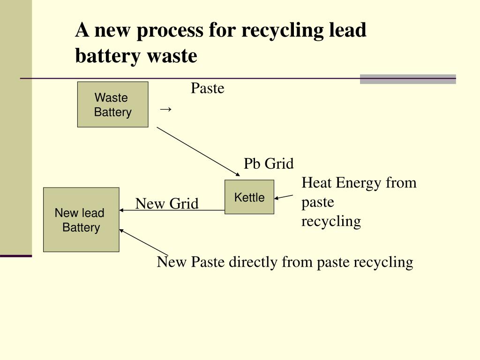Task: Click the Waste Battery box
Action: (x=112, y=105)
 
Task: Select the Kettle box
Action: (x=249, y=197)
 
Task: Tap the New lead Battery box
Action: (x=81, y=220)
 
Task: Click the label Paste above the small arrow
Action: (x=207, y=88)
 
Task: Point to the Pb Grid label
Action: (x=269, y=164)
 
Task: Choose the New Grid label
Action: (x=167, y=203)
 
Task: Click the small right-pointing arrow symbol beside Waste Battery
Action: (x=165, y=109)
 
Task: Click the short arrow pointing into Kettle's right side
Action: (x=284, y=197)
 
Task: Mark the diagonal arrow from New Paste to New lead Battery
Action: (x=143, y=241)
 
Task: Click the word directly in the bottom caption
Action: (x=253, y=262)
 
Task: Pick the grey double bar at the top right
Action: (x=408, y=79)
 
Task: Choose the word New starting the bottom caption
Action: (x=172, y=262)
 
